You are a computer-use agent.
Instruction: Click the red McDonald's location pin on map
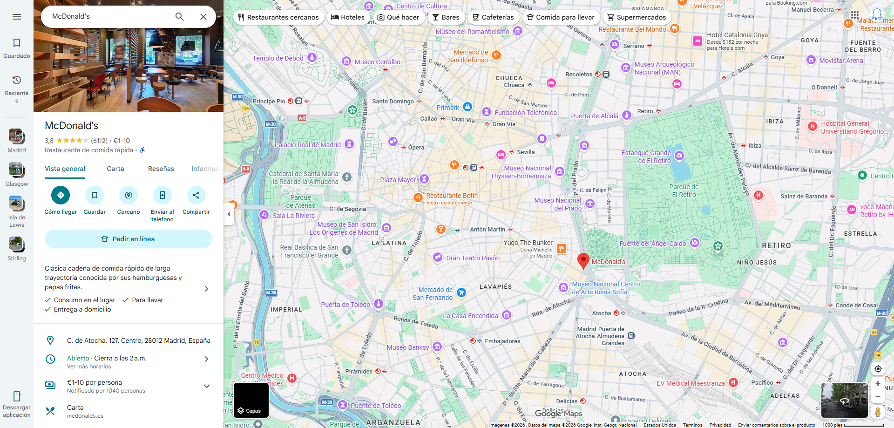click(x=583, y=260)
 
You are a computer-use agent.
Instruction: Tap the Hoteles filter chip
click(x=347, y=17)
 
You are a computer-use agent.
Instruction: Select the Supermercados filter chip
click(x=637, y=17)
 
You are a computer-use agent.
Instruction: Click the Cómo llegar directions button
click(x=61, y=196)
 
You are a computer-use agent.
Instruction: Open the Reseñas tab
click(x=161, y=169)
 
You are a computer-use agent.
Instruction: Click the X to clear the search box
click(x=203, y=17)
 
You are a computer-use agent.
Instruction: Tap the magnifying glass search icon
click(x=179, y=17)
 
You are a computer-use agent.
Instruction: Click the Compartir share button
click(x=196, y=196)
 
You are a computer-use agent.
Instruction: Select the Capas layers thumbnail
click(x=251, y=400)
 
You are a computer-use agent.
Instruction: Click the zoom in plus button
click(x=878, y=384)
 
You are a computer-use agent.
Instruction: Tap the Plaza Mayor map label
click(x=398, y=180)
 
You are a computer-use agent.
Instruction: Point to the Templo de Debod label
click(x=278, y=58)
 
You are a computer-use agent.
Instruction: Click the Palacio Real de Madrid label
click(x=308, y=145)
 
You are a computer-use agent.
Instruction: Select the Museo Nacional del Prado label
click(x=558, y=204)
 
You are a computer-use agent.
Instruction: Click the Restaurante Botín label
click(x=452, y=196)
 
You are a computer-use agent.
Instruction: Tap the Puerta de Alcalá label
click(x=595, y=116)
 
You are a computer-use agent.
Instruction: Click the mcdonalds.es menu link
click(x=85, y=416)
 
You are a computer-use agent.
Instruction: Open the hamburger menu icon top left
click(x=17, y=17)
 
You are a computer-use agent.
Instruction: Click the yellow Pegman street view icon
click(x=878, y=412)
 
